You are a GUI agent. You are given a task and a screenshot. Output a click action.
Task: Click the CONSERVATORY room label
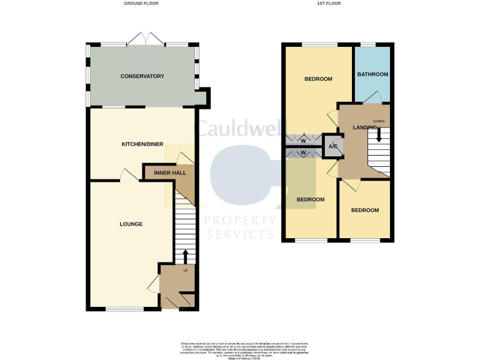click(142, 76)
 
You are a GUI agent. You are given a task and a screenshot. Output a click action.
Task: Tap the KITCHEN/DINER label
click(142, 144)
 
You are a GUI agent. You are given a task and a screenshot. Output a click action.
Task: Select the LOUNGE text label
click(131, 224)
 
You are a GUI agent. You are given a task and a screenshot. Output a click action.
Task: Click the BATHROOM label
click(372, 74)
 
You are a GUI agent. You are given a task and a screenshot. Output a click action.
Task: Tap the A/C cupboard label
click(333, 146)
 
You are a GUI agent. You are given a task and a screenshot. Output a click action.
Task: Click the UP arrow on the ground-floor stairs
click(185, 256)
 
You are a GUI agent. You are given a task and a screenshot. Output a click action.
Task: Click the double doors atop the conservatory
click(146, 39)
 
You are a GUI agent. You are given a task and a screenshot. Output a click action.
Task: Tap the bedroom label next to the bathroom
click(318, 79)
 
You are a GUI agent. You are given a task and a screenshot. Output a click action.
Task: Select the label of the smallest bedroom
click(364, 211)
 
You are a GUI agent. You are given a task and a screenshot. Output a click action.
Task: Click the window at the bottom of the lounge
click(124, 309)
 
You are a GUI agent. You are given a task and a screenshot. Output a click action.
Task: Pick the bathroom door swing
click(372, 96)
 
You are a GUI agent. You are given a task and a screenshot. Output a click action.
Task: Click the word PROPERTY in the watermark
click(240, 221)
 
